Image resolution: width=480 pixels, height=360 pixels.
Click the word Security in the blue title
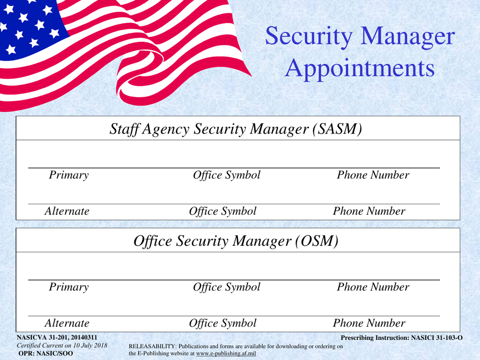pos(309,36)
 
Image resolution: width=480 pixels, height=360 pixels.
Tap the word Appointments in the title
pos(360,69)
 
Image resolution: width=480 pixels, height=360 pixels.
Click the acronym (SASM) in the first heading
pos(338,129)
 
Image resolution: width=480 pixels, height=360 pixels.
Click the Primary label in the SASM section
pos(69,175)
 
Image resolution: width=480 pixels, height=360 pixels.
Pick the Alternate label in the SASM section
pos(67,211)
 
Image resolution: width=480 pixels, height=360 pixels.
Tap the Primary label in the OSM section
pos(69,287)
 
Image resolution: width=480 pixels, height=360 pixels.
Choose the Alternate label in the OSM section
pos(67,323)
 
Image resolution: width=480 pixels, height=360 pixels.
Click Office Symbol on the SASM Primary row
pos(226,175)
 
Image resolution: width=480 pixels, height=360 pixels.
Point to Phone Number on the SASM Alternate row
pos(369,211)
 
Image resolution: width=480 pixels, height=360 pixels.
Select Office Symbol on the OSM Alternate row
pos(222,324)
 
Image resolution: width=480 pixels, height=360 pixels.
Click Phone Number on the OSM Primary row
pos(373,287)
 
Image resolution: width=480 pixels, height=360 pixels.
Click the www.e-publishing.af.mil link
pos(226,353)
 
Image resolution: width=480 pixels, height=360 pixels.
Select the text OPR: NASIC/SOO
pos(45,353)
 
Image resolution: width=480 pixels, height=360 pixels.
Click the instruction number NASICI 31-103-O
pos(437,338)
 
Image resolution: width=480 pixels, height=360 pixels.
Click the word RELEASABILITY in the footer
pos(153,346)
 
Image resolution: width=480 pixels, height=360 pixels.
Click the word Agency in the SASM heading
pos(166,129)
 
